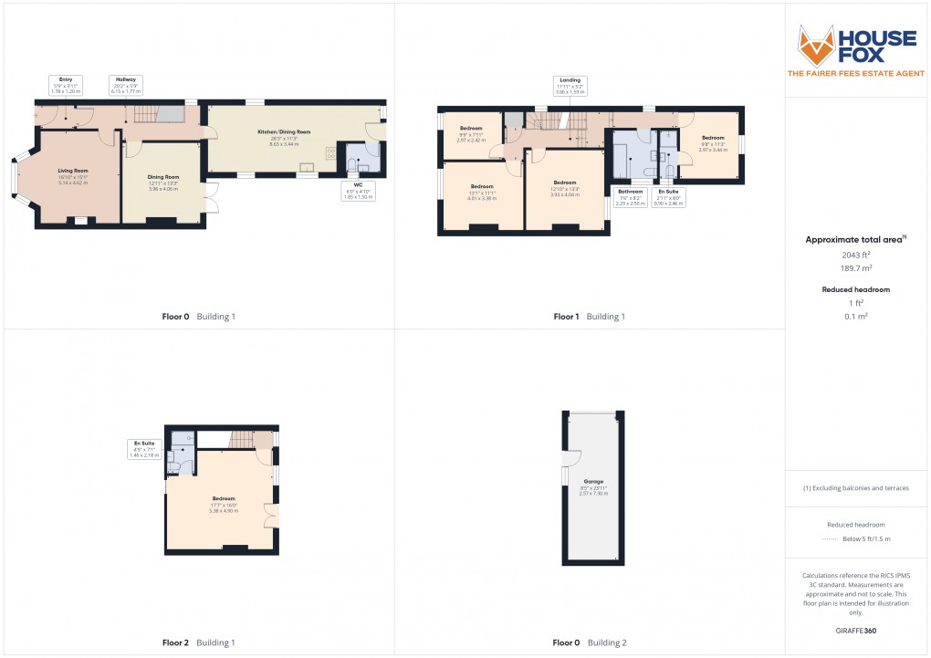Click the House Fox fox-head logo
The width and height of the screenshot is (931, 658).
(x=817, y=44)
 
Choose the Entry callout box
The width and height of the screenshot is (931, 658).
(x=67, y=86)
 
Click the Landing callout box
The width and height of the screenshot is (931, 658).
(x=570, y=86)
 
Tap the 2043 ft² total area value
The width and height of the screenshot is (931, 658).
(x=856, y=256)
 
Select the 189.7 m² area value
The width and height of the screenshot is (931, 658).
(x=856, y=268)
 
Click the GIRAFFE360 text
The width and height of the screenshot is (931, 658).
(x=856, y=630)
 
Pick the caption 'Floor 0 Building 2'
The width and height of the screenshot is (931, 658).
(x=590, y=642)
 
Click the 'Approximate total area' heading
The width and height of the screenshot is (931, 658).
(x=855, y=240)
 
